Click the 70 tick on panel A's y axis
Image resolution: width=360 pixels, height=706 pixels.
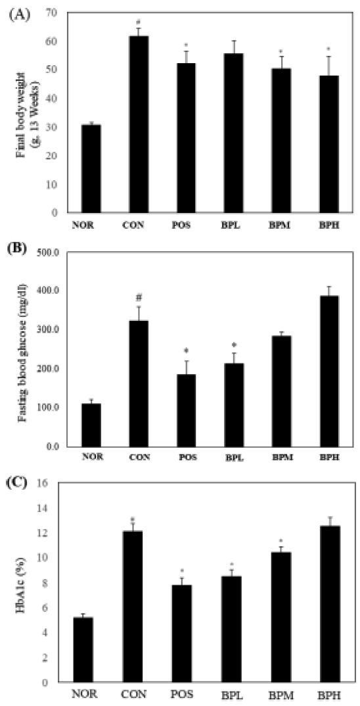pos(52,13)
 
